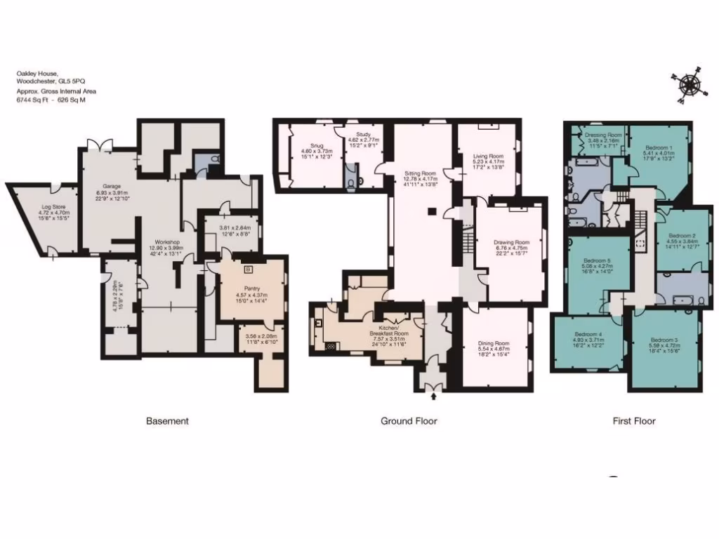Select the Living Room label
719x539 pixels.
[487, 156]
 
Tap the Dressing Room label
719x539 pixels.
[603, 134]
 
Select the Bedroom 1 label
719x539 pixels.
[659, 147]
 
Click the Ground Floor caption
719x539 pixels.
[409, 421]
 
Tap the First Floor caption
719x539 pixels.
[634, 421]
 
